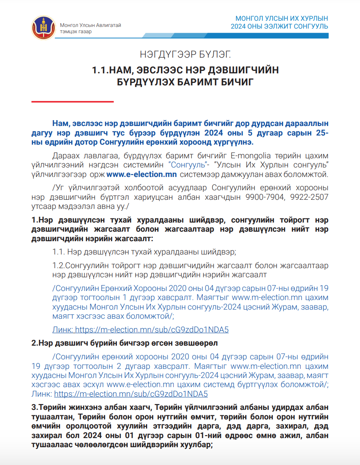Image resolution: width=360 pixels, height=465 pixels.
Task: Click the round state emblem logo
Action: click(43, 27)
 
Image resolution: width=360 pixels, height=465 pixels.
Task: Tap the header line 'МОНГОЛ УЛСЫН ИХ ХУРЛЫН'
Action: click(282, 19)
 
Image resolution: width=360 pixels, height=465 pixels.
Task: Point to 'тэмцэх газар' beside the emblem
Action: click(76, 31)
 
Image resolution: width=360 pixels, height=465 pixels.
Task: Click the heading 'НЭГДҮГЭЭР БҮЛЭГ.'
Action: click(185, 54)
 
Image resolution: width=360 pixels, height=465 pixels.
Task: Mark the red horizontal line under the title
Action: click(73, 101)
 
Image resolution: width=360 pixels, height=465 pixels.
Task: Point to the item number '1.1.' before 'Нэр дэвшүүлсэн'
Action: click(58, 252)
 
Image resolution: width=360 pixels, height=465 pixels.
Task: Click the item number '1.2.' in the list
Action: click(58, 265)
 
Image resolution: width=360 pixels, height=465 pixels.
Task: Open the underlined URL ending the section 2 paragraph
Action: click(131, 394)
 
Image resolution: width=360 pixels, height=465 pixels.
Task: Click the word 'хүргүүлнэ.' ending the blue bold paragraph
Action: click(234, 142)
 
